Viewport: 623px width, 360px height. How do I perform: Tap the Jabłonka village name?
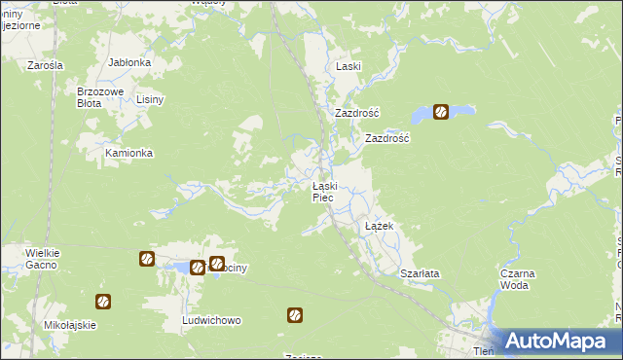[x=128, y=62]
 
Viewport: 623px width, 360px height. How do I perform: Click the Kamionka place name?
[x=128, y=154]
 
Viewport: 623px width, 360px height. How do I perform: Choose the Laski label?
[x=348, y=66]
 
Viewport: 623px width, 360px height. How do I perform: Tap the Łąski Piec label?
[x=324, y=192]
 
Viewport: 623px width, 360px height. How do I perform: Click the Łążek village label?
[x=378, y=226]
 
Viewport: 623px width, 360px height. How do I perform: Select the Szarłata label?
[x=421, y=273]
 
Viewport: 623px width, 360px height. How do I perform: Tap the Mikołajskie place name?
[x=70, y=325]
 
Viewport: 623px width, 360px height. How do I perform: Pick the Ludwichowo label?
[x=211, y=320]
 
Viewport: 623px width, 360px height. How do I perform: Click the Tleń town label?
[x=483, y=351]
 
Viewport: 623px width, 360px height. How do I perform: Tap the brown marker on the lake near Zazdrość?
[x=440, y=112]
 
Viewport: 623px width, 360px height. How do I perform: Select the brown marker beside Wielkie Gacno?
[x=146, y=259]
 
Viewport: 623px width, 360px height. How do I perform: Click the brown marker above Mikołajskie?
[x=102, y=302]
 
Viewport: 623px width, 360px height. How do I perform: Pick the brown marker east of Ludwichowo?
[x=294, y=314]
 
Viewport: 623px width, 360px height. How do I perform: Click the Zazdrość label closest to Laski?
[x=356, y=113]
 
